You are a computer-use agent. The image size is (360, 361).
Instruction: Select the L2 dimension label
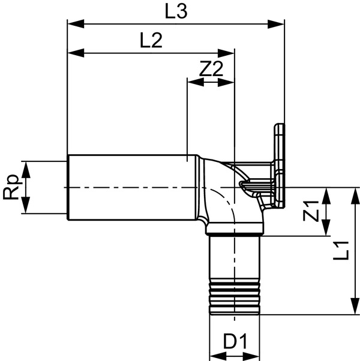pyautogui.click(x=152, y=41)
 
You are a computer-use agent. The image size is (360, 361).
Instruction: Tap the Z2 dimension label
pyautogui.click(x=211, y=70)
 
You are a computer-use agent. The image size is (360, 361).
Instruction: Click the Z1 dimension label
pyautogui.click(x=310, y=212)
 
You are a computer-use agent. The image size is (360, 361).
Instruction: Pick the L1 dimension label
pyautogui.click(x=343, y=250)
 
